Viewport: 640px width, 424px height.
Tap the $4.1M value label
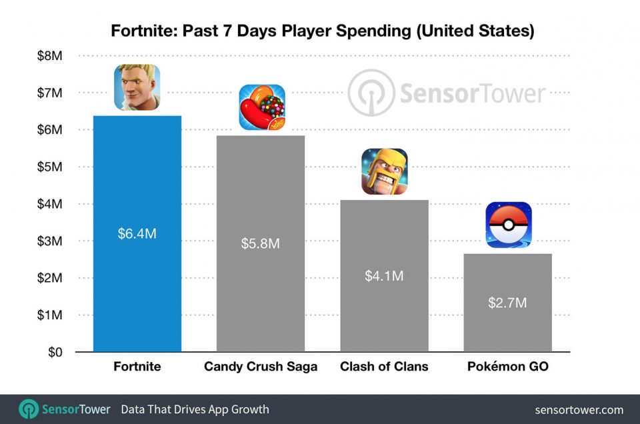pyautogui.click(x=384, y=275)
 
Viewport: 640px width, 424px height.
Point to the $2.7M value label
pyautogui.click(x=507, y=303)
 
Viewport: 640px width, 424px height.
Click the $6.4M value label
pyautogui.click(x=137, y=234)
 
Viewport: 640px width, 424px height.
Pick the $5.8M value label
pyautogui.click(x=260, y=243)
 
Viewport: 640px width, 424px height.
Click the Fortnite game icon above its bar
pyautogui.click(x=137, y=87)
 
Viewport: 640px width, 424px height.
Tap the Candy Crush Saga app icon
pyautogui.click(x=261, y=107)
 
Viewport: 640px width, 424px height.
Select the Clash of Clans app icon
pyautogui.click(x=384, y=171)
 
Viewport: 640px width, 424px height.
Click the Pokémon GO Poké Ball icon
pyautogui.click(x=508, y=225)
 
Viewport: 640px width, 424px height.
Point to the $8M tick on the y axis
pyautogui.click(x=50, y=56)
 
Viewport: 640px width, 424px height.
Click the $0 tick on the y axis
pyautogui.click(x=55, y=351)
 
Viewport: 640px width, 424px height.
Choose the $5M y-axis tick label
pyautogui.click(x=50, y=167)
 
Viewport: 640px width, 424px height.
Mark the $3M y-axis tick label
pyautogui.click(x=50, y=241)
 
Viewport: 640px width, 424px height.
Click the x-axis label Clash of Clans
pyautogui.click(x=384, y=367)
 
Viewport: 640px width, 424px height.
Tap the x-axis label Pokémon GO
pyautogui.click(x=508, y=367)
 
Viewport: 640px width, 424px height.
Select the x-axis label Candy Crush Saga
pyautogui.click(x=260, y=367)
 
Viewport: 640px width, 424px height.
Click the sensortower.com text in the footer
pyautogui.click(x=579, y=409)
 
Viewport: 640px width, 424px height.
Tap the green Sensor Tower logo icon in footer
pyautogui.click(x=28, y=409)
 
